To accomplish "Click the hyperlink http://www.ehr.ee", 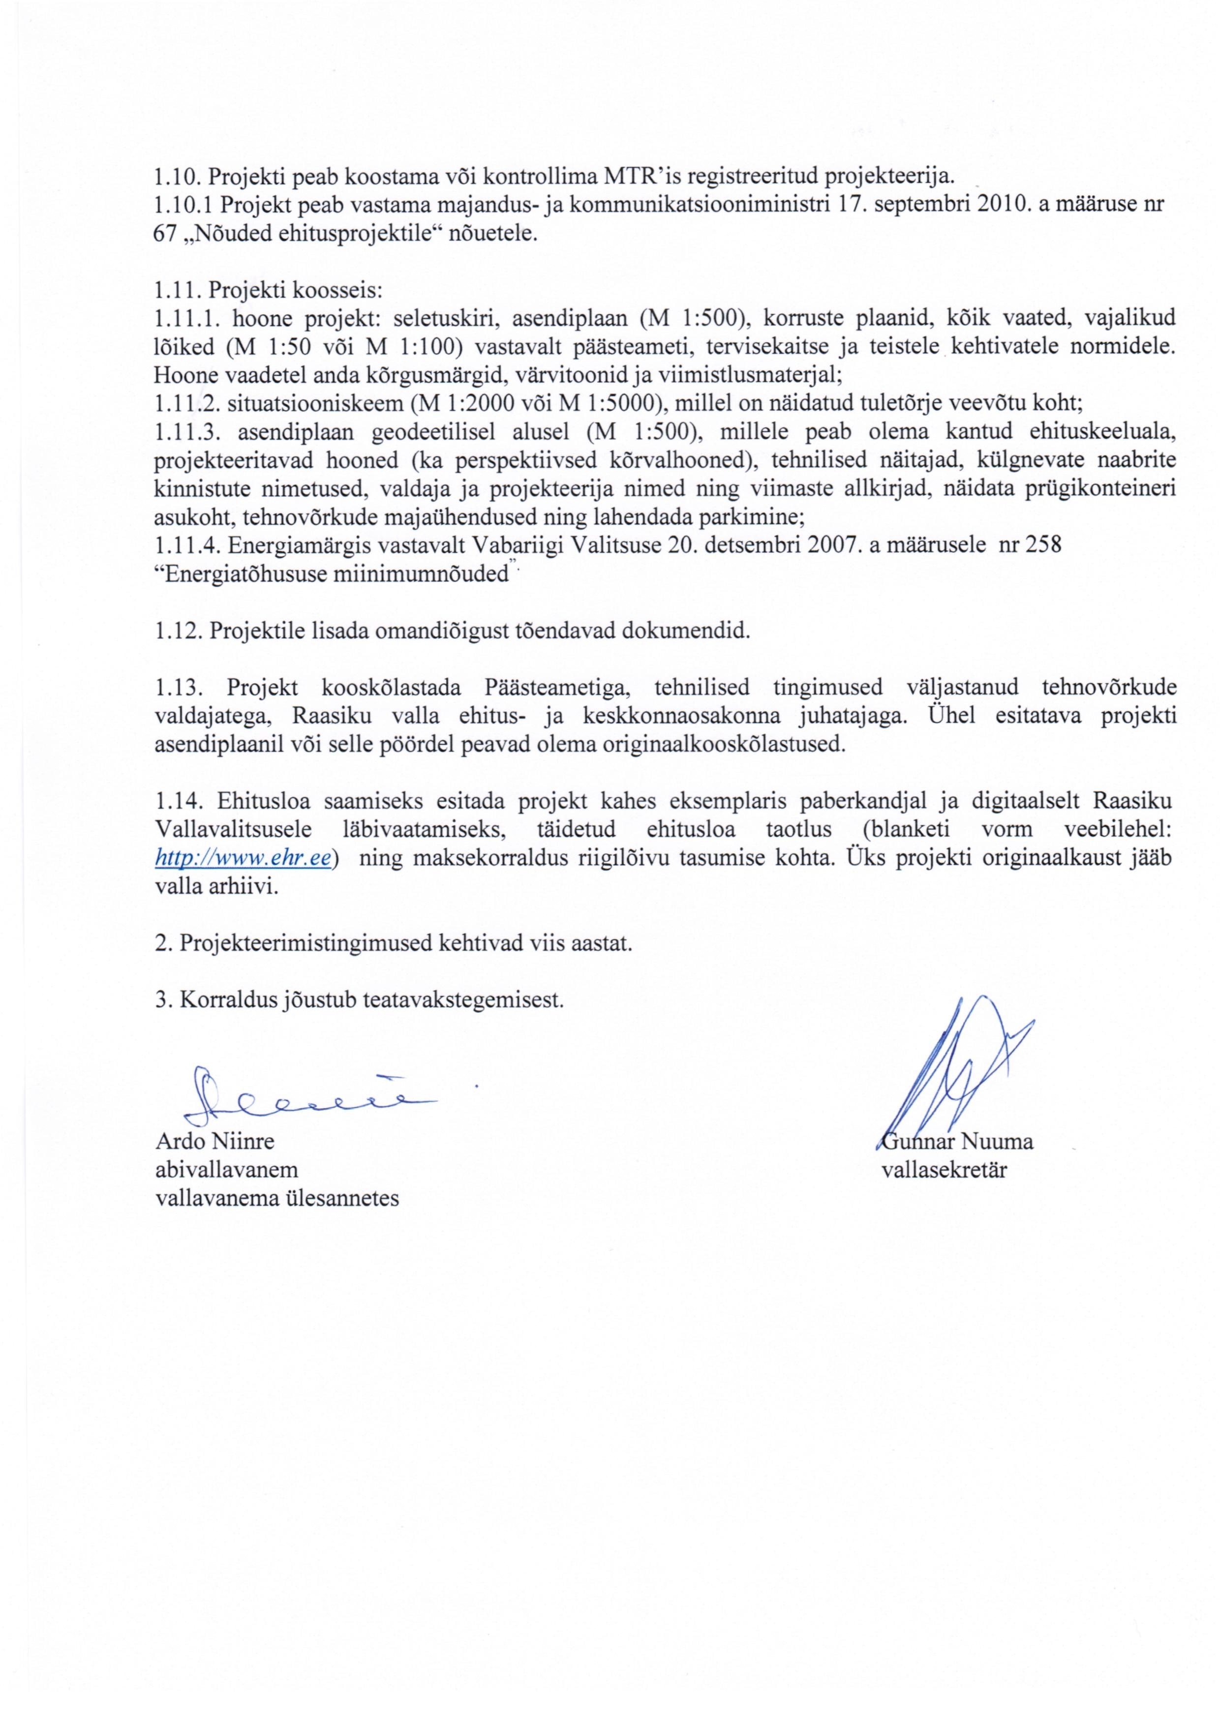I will pos(243,859).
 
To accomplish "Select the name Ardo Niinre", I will pos(215,1142).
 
